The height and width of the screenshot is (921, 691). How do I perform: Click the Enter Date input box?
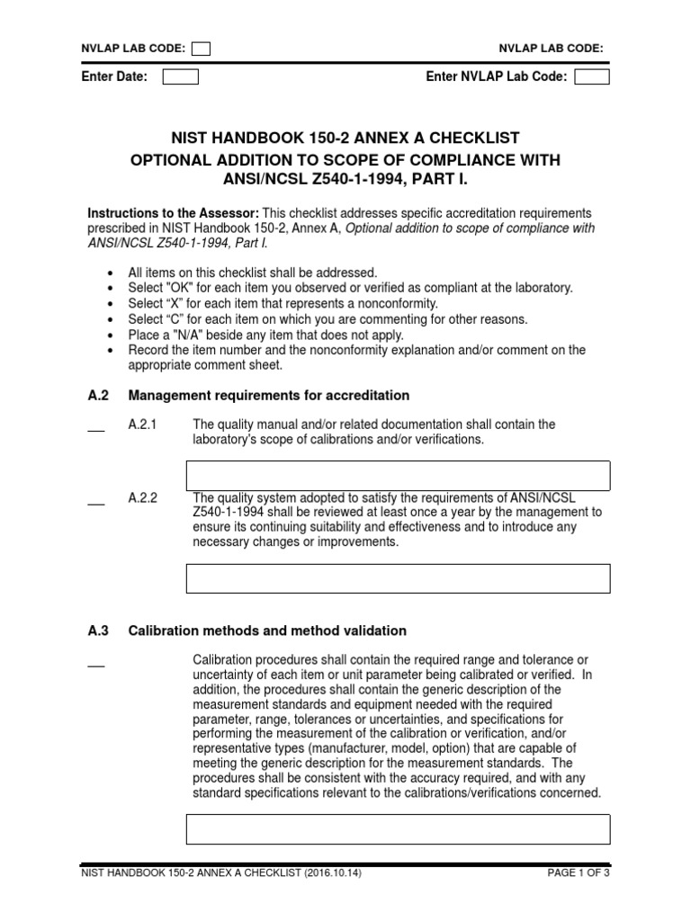pyautogui.click(x=180, y=77)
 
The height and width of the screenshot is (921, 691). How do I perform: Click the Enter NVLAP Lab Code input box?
pyautogui.click(x=591, y=77)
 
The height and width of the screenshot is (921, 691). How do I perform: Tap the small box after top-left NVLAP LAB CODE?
pyautogui.click(x=202, y=49)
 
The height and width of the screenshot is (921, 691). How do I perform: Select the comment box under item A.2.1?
pyautogui.click(x=398, y=476)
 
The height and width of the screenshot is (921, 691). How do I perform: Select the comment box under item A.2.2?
pyautogui.click(x=398, y=578)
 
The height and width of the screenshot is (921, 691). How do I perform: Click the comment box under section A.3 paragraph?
pyautogui.click(x=398, y=829)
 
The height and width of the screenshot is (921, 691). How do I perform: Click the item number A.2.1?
pyautogui.click(x=144, y=425)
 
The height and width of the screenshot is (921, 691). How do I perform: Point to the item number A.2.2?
pyautogui.click(x=144, y=497)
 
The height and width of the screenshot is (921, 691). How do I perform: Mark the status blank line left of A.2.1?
pyautogui.click(x=95, y=430)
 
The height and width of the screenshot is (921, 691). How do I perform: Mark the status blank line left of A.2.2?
pyautogui.click(x=95, y=503)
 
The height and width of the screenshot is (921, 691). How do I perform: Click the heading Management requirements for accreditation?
pyautogui.click(x=269, y=396)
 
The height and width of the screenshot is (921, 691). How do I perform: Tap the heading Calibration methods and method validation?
pyautogui.click(x=267, y=631)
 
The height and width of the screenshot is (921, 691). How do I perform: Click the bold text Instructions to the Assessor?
pyautogui.click(x=173, y=213)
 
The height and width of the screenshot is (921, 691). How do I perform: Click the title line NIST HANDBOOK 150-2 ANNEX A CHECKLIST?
pyautogui.click(x=345, y=138)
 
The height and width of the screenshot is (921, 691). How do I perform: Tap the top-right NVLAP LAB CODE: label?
pyautogui.click(x=551, y=49)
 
